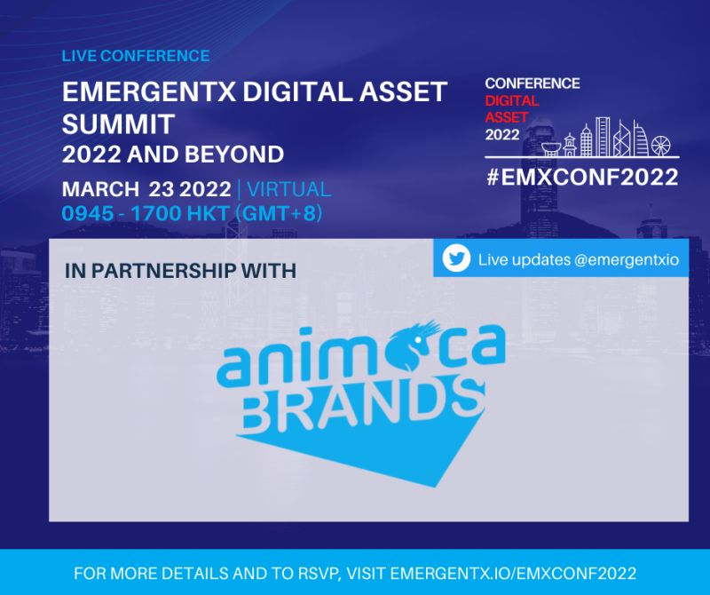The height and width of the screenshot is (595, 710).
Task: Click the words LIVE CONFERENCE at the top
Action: [136, 56]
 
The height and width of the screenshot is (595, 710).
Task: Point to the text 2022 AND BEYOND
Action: [173, 154]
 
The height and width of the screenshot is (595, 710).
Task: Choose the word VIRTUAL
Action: [289, 189]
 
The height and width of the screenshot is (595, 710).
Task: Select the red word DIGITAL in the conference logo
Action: [511, 100]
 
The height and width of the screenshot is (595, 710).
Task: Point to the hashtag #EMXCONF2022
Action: [581, 177]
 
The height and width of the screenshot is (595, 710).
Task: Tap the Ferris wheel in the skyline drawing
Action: [661, 143]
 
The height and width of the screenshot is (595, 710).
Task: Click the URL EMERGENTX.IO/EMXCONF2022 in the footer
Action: [515, 573]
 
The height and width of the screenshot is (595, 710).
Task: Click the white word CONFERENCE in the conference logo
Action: [532, 83]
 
